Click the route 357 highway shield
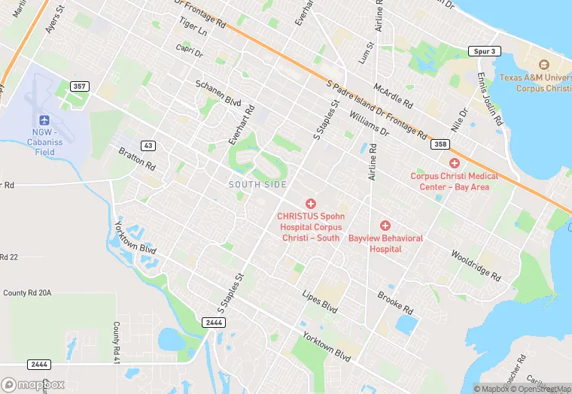pos(79,86)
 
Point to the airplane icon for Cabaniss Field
pos(44,121)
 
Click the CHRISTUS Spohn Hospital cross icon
pos(309,204)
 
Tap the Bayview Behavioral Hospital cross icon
pos(385,226)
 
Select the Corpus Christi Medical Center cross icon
pos(454,163)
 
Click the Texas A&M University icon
pos(545,65)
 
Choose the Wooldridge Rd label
pos(476,265)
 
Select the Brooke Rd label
pos(395,303)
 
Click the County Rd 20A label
pos(27,293)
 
